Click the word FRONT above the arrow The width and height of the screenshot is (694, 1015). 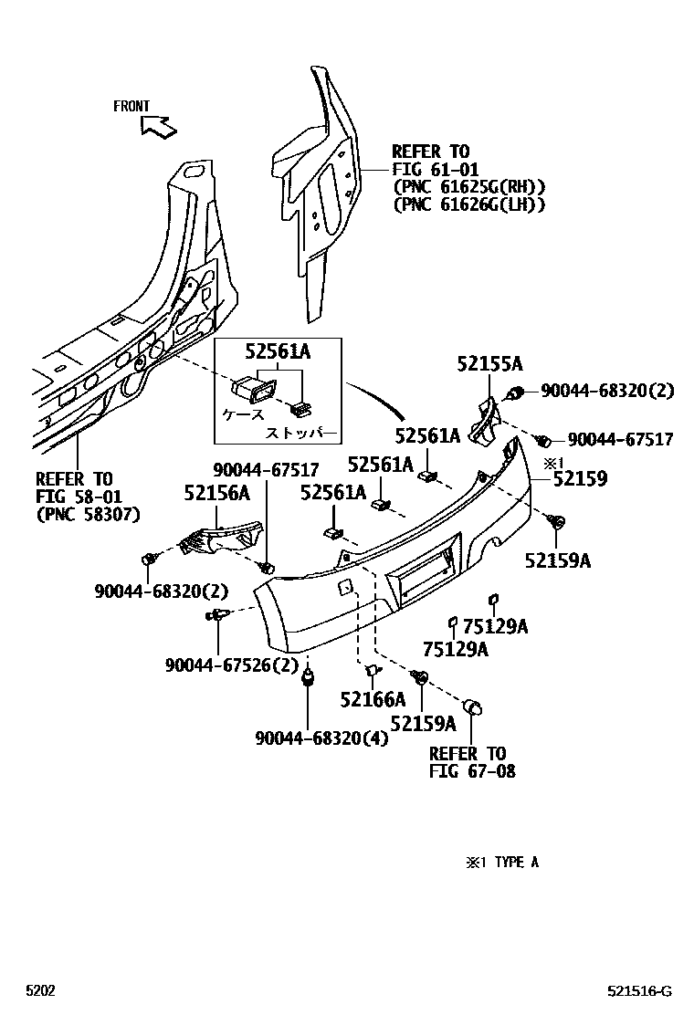131,107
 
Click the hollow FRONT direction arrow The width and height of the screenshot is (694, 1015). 159,126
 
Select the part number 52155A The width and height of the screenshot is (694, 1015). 489,364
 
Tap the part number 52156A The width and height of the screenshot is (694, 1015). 216,493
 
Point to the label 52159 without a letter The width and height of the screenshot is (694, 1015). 578,478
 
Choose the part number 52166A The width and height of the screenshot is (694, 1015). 372,700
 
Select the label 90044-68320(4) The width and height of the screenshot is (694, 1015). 321,738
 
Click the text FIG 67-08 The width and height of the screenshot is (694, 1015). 471,771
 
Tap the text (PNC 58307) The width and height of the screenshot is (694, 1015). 88,514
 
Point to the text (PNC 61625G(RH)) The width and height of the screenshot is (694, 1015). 468,187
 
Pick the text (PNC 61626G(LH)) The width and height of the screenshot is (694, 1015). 468,204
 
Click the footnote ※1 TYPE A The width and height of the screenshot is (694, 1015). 502,862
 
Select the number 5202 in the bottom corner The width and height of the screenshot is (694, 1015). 40,990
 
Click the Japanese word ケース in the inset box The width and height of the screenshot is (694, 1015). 244,413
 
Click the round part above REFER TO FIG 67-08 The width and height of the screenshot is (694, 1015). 474,707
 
